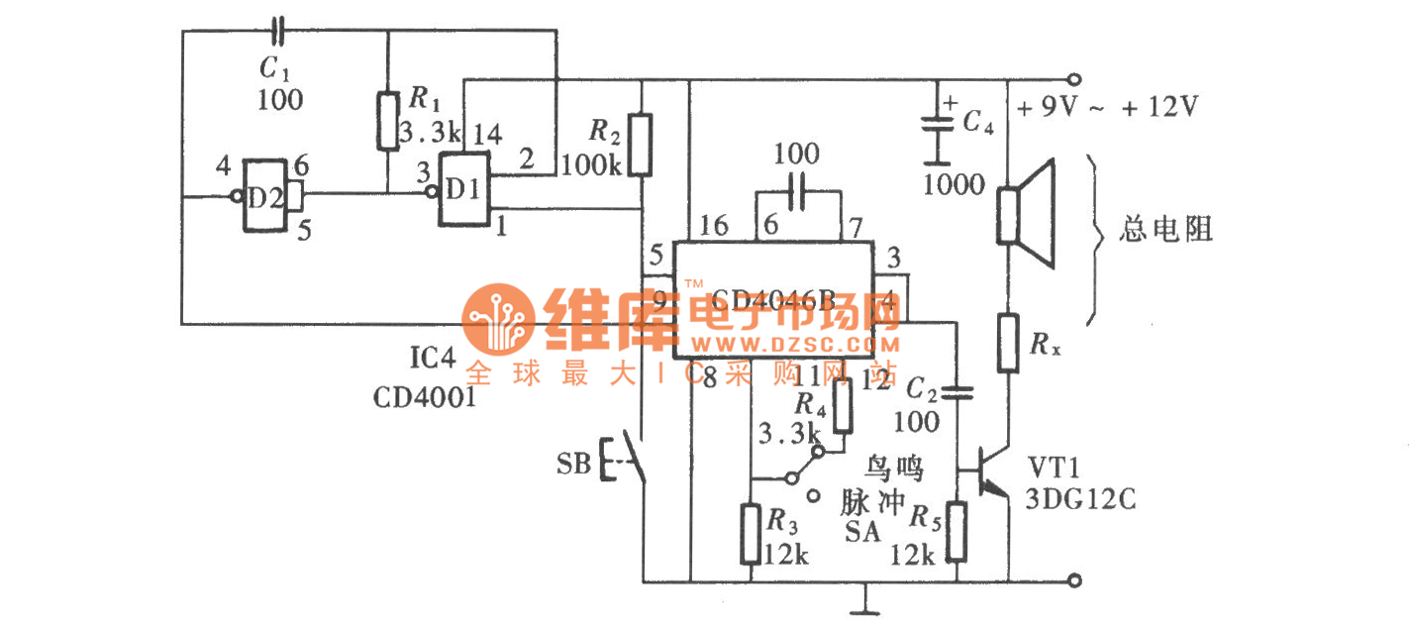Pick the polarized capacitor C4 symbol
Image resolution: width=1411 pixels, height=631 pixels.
pos(933,126)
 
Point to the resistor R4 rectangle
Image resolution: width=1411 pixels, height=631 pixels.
pos(843,406)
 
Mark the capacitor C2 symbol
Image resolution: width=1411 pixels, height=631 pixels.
pos(958,393)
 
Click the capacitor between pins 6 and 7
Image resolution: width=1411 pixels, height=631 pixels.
pos(798,187)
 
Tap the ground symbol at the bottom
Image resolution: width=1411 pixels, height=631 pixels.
pos(867,600)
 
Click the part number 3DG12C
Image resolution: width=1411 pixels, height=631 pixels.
pos(1081,500)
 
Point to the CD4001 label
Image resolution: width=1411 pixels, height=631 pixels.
pos(425,397)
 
